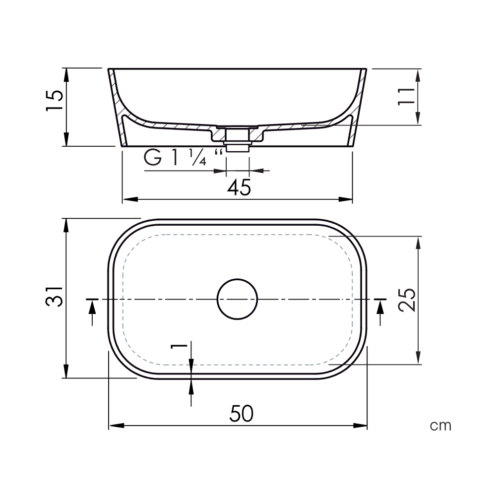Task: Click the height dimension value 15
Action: [x=55, y=101]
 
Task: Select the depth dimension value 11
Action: [x=407, y=96]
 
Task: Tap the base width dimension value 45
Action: [x=239, y=187]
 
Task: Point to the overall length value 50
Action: [x=242, y=414]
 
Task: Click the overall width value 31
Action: [x=55, y=297]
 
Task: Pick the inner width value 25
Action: [x=407, y=300]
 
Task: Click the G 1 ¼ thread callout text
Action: [x=183, y=157]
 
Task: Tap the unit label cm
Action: [x=440, y=426]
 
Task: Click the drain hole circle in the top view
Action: [x=237, y=279]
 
